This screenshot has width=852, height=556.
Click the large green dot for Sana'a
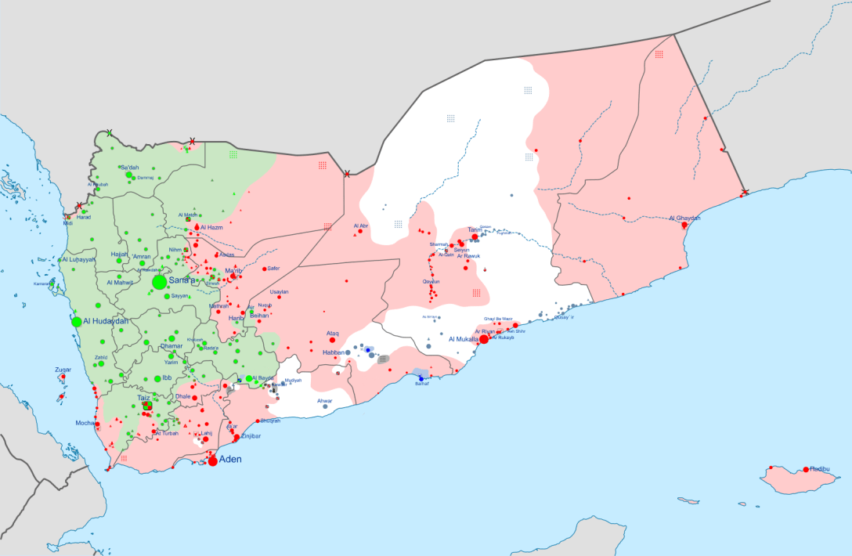point(160,282)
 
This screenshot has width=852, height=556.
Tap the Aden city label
point(230,460)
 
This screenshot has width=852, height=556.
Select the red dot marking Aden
point(212,461)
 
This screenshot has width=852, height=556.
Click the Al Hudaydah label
point(106,321)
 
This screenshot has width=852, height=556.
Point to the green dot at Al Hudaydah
point(77,322)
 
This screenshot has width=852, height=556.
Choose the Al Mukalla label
point(464,339)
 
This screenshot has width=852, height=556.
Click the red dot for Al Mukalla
point(484,339)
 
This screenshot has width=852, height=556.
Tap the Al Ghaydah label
point(684,218)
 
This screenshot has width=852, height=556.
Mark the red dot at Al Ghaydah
point(685,226)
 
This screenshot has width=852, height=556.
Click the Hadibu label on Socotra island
point(819,469)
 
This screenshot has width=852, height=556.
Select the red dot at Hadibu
point(806,469)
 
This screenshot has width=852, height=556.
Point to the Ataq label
point(332,334)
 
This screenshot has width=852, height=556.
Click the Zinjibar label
point(251,435)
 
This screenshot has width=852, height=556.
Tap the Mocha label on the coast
point(84,423)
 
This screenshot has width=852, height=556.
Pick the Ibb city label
point(167,378)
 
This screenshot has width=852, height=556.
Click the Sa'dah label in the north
point(129,168)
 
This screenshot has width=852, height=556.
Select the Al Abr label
point(360,226)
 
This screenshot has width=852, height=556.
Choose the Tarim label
point(474,229)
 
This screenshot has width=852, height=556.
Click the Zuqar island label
point(63,370)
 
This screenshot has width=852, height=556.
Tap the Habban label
point(333,353)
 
